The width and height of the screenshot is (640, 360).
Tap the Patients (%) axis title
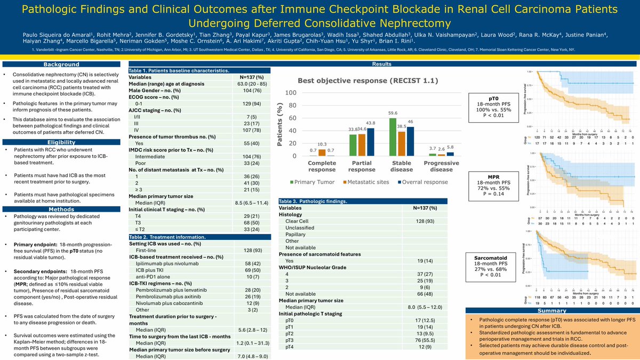(x=278, y=124)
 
